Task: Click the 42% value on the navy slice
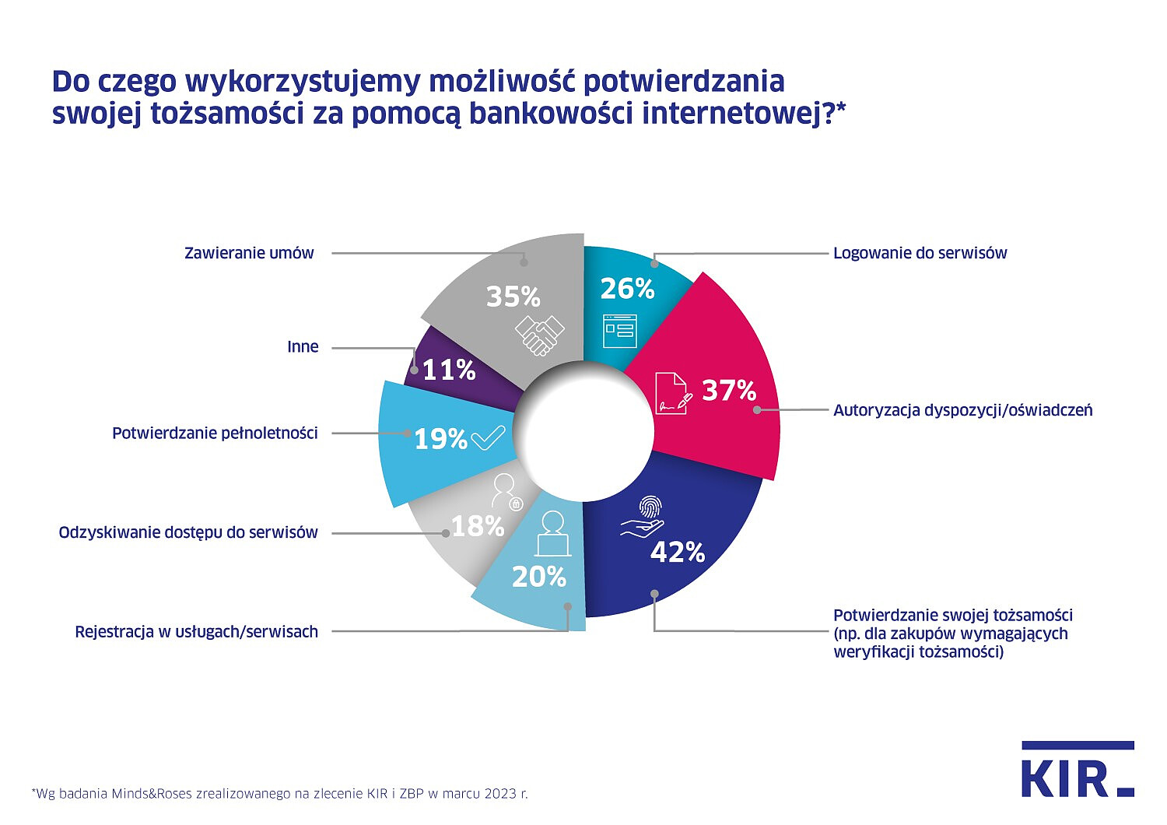(x=678, y=552)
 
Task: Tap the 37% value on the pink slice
(x=729, y=390)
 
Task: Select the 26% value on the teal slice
(x=627, y=289)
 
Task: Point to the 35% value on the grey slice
(x=513, y=297)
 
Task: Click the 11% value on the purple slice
(x=449, y=370)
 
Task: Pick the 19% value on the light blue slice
(x=440, y=439)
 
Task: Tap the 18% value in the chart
(x=478, y=527)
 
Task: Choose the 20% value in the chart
(x=538, y=577)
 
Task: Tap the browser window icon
(x=620, y=330)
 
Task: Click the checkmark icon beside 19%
(x=489, y=438)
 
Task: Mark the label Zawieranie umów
(x=249, y=253)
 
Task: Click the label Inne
(x=303, y=347)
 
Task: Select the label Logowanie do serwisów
(x=920, y=253)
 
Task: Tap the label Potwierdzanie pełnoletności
(x=215, y=433)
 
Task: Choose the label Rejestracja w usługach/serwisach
(x=196, y=632)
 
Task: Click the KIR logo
(x=1077, y=770)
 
